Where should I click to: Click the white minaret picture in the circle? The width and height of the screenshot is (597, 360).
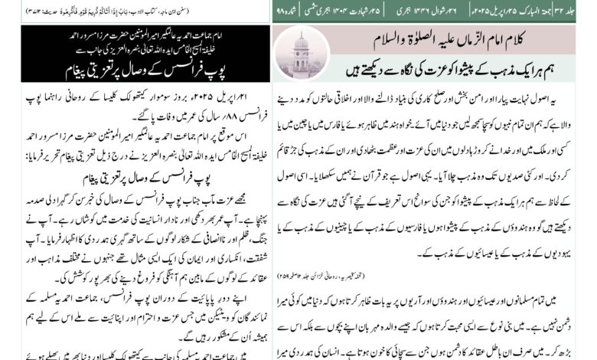(x=301, y=53)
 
